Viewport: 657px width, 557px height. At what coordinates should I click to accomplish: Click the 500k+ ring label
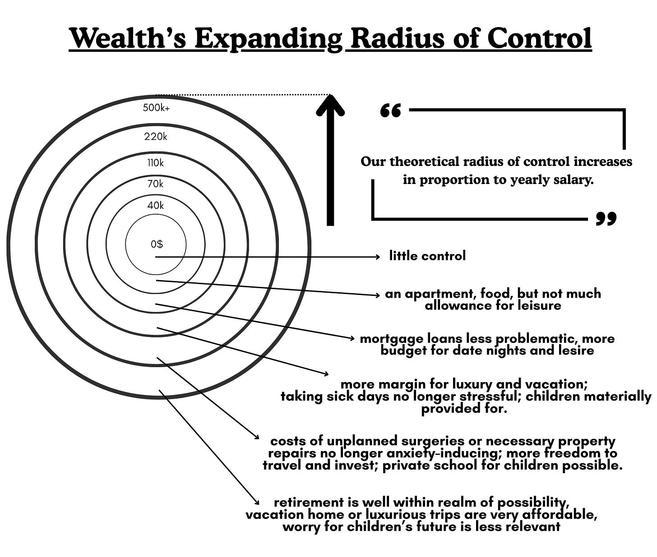(156, 108)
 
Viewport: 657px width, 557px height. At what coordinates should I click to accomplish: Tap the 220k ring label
(156, 136)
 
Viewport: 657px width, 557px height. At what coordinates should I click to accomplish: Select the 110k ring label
(156, 163)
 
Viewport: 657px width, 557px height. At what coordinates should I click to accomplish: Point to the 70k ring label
(156, 184)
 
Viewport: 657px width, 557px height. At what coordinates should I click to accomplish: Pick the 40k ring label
(156, 206)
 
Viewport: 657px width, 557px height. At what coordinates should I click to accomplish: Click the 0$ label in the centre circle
(157, 244)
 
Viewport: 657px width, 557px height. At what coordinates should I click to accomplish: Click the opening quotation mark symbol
(391, 110)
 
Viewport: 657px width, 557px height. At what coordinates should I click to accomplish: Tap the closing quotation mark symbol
(606, 218)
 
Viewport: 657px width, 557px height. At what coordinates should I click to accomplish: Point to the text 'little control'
(427, 256)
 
